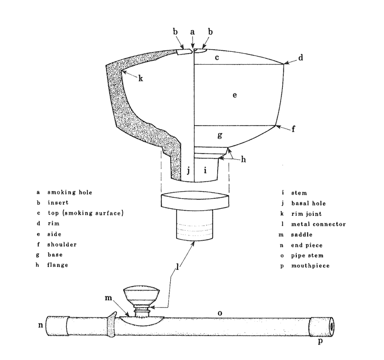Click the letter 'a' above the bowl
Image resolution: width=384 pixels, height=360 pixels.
click(192, 32)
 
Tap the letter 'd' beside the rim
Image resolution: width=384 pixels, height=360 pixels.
click(300, 58)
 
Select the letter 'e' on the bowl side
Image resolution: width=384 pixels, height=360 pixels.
click(234, 95)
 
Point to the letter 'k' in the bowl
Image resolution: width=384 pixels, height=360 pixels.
click(141, 79)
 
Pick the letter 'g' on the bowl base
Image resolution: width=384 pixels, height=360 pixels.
click(220, 135)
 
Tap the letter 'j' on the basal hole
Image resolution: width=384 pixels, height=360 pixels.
click(188, 171)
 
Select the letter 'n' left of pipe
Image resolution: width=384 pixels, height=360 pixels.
click(40, 325)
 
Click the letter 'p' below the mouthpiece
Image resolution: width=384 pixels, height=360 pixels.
click(320, 342)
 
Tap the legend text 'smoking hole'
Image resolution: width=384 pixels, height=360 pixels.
click(69, 193)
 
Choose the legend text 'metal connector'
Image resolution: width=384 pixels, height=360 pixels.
click(318, 224)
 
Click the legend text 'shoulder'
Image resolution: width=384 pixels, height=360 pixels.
click(62, 245)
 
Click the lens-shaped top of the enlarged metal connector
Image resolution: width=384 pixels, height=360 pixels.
click(194, 201)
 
